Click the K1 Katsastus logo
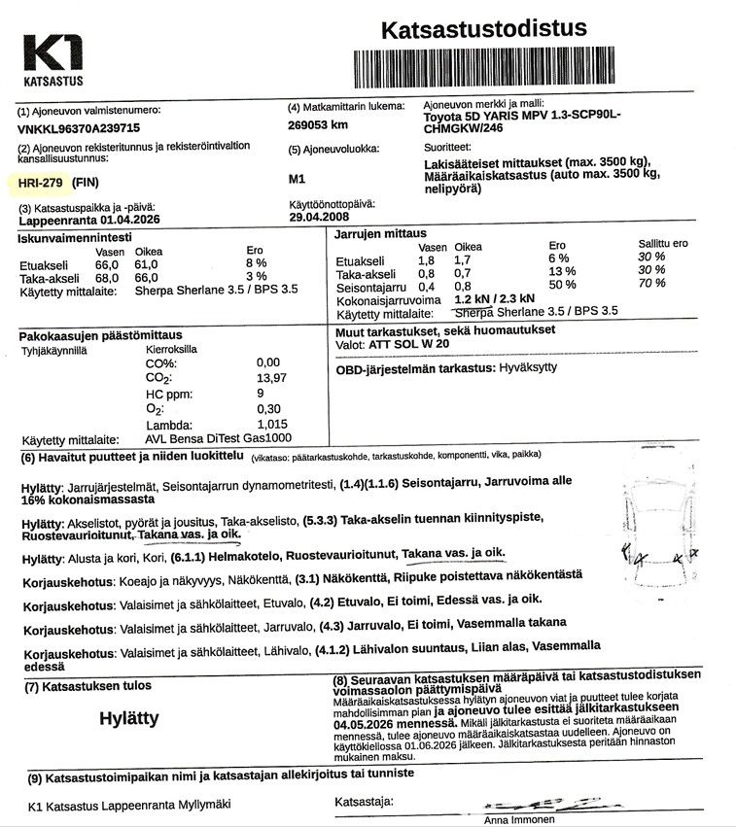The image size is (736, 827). [x=53, y=59]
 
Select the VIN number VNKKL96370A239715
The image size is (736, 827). [x=79, y=127]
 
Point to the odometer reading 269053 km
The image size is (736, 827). [x=318, y=124]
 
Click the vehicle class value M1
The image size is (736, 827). [x=298, y=179]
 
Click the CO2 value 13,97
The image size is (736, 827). [x=273, y=377]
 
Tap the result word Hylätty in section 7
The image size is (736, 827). [x=129, y=718]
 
